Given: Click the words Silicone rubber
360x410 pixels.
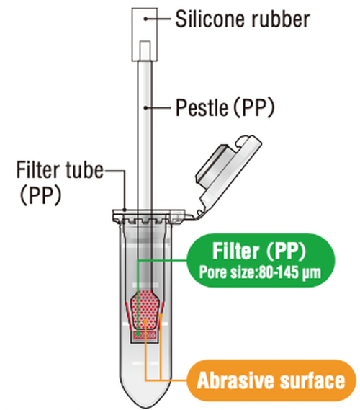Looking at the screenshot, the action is pos(243,19).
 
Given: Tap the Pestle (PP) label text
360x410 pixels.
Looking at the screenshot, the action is pos(225,107).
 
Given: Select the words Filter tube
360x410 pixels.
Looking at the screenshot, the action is pos(60,170).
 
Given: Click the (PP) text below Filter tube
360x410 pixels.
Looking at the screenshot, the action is pos(41,195).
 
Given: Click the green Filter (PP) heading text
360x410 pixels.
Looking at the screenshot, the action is pos(258,251).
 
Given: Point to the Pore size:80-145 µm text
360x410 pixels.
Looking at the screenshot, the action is pos(260,272).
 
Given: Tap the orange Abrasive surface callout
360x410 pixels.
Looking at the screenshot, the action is pos(271,380).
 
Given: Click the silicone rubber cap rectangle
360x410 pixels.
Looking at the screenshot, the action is pos(145,35).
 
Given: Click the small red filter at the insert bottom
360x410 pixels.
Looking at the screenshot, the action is pos(145,334).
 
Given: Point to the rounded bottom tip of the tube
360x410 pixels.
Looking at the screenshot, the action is pos(145,406).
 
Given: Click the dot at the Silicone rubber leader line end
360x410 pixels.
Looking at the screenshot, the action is pos(146,19).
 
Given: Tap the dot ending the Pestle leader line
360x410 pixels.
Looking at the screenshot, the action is pos(146,107).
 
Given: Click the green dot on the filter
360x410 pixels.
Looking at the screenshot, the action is pos(138,334).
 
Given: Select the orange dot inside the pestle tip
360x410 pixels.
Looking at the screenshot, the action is pos(146,321).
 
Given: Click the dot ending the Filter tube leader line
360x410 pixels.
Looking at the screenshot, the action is pos(125,210).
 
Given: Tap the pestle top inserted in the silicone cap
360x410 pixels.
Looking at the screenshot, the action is pos(145,50).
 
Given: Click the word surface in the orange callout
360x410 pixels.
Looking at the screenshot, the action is pos(312,380).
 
